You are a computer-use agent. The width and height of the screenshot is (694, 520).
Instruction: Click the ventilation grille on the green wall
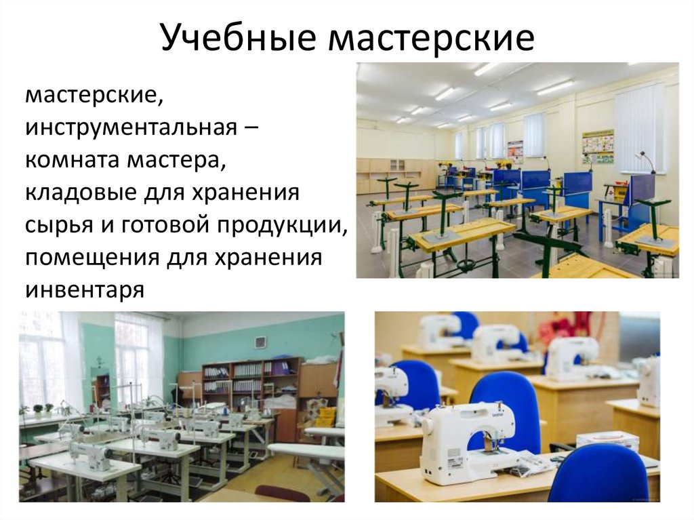[259, 342]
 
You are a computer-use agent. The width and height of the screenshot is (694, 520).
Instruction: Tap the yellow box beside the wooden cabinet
[326, 416]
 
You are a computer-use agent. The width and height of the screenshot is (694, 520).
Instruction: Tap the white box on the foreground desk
[607, 441]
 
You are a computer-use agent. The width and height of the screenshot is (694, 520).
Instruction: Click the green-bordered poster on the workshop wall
[598, 146]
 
